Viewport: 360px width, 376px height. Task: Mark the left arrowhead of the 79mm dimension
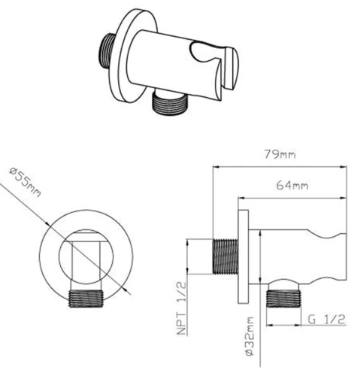[x=213, y=167]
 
